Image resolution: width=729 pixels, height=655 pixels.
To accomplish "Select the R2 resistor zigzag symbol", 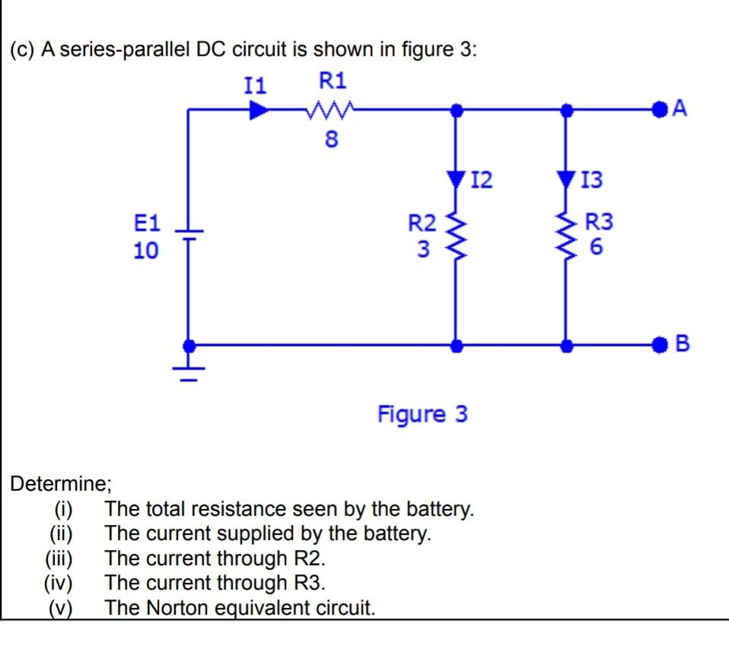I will click(456, 235).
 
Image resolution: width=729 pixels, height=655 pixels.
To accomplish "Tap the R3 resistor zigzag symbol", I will click(565, 235).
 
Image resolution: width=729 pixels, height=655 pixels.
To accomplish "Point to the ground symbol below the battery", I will click(188, 370).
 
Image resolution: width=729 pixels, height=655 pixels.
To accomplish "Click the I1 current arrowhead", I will click(259, 111).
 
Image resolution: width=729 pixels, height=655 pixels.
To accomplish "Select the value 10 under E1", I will click(146, 250).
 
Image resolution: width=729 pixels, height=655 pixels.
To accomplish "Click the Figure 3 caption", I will click(422, 415).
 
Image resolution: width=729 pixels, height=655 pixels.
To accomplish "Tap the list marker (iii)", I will click(59, 558).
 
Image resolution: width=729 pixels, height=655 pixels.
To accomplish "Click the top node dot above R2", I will click(456, 111).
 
